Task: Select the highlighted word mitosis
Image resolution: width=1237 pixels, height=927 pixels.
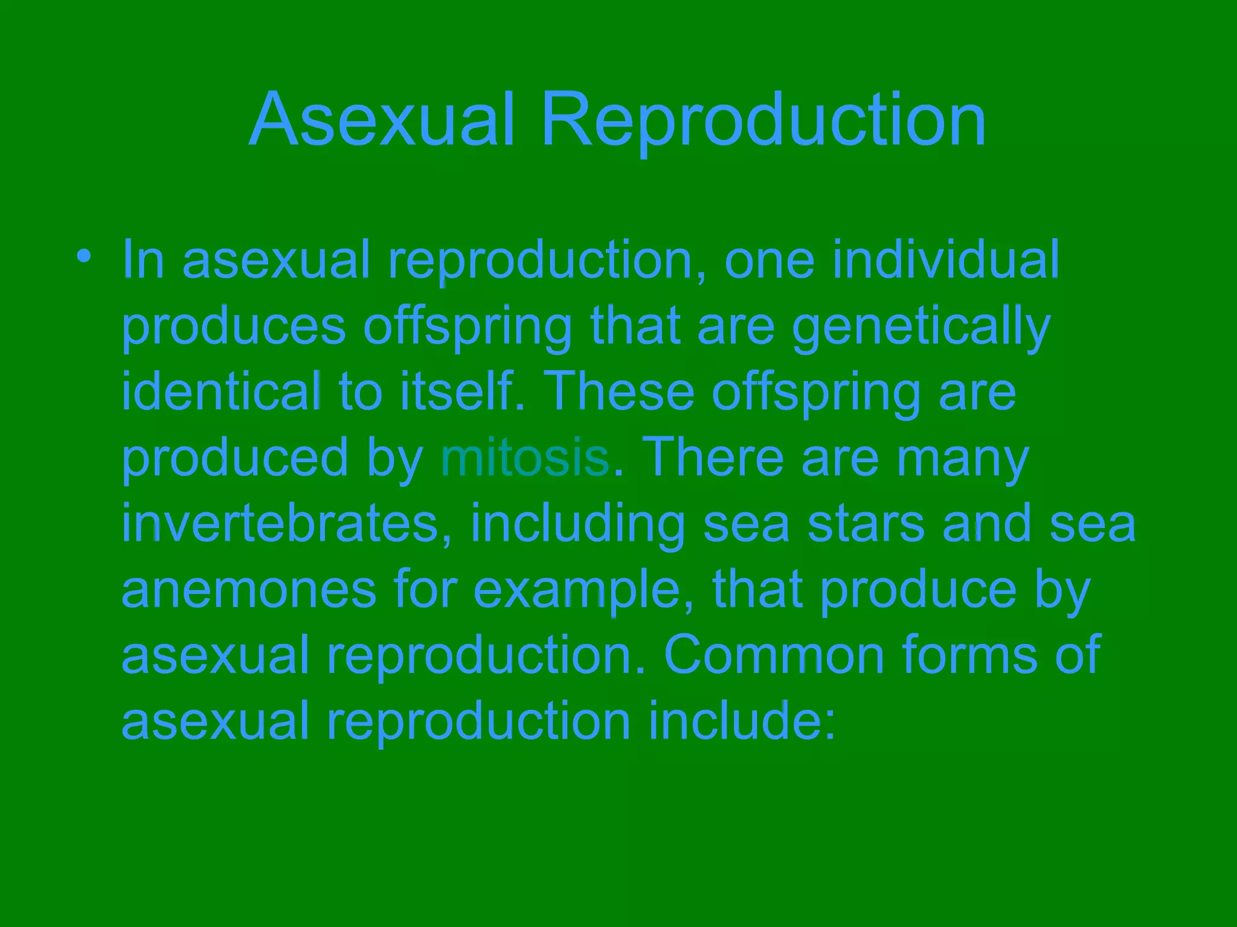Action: coord(525,459)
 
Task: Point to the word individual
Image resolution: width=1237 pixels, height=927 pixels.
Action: coord(946,260)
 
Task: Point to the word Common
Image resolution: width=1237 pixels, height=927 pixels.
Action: coord(774,655)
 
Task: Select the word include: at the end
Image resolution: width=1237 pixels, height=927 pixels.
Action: coord(742,721)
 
